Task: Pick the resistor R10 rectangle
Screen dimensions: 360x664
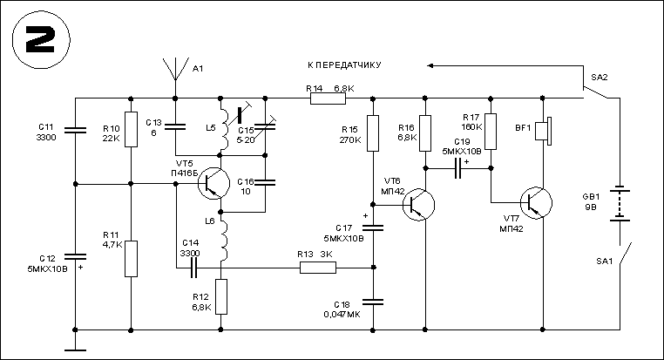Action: click(x=131, y=129)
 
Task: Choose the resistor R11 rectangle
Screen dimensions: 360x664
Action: click(x=131, y=258)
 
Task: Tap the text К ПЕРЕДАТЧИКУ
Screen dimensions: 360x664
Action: click(x=346, y=65)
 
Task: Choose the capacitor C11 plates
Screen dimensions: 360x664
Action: click(x=76, y=132)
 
